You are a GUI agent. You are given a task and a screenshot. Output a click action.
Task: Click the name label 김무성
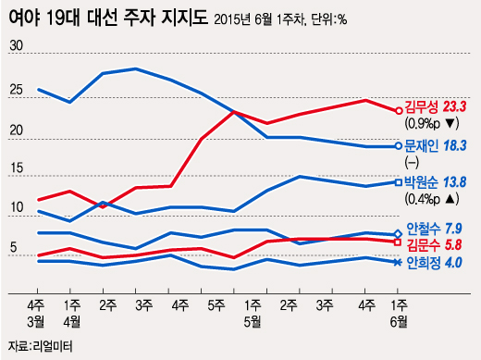[423, 108]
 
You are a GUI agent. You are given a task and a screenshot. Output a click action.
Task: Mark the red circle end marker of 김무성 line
[398, 109]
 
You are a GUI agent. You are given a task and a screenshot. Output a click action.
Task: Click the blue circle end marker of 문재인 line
[398, 145]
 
